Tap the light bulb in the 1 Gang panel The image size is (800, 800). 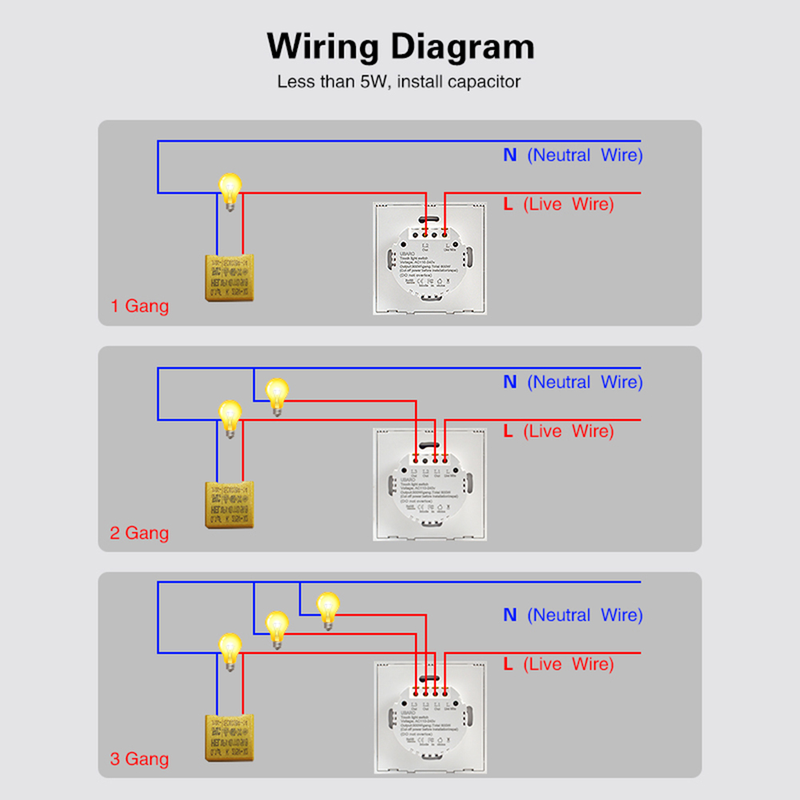click(x=230, y=189)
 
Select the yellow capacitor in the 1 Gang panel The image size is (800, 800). click(x=230, y=279)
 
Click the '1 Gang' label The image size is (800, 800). click(x=140, y=306)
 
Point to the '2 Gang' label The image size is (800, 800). click(x=140, y=533)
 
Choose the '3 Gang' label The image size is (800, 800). click(x=140, y=758)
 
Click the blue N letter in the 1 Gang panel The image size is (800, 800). click(x=510, y=155)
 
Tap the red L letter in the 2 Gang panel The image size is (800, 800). click(x=508, y=431)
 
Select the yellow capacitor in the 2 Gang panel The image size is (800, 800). click(x=230, y=505)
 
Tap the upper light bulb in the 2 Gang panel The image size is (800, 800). click(x=276, y=394)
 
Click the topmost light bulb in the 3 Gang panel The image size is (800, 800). click(x=327, y=608)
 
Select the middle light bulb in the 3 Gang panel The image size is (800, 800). click(x=276, y=626)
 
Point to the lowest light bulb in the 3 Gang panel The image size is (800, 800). click(x=230, y=649)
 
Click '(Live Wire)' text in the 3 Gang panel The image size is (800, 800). click(x=568, y=664)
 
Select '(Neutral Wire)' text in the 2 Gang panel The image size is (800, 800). click(x=584, y=382)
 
